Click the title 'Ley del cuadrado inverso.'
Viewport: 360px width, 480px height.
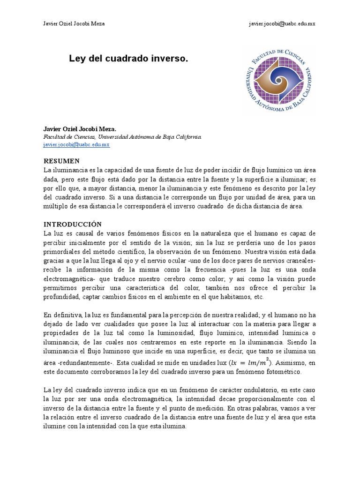pos(128,59)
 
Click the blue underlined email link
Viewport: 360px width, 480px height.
pos(76,145)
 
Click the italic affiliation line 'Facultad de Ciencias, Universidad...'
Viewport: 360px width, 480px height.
pos(122,137)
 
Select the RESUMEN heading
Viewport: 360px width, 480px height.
pos(61,161)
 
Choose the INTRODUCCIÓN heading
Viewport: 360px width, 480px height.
pos(72,225)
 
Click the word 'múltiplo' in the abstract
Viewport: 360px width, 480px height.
pos(57,206)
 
